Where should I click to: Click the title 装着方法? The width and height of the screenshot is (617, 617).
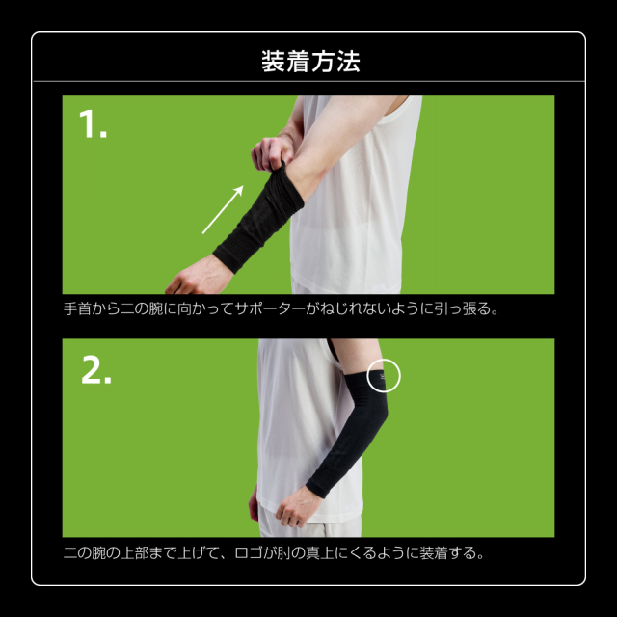(308, 63)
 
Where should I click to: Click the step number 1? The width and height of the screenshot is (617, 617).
(93, 124)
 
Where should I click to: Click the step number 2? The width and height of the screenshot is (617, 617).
(95, 371)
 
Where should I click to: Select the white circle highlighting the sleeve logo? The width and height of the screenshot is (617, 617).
(384, 376)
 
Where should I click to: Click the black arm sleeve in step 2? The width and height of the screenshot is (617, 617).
(362, 434)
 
